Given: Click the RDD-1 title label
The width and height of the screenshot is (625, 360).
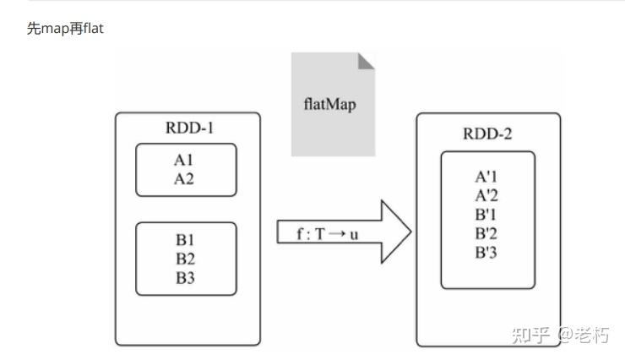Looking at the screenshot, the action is point(189,128).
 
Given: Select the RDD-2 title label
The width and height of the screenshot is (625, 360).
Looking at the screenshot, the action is point(487,134).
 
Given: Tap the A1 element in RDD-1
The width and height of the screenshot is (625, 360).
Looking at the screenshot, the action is point(183,161).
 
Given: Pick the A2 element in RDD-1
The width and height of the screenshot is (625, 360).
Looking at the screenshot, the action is point(184,179).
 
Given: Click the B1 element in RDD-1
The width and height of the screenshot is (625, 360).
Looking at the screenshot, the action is point(185,240).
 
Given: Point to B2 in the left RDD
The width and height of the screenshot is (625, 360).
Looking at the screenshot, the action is point(185,259).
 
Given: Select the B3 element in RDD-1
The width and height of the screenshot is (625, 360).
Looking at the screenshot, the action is point(185,278).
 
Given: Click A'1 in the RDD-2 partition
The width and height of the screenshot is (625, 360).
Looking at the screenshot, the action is point(486,177).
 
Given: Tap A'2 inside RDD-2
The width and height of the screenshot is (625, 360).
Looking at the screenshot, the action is point(486,196).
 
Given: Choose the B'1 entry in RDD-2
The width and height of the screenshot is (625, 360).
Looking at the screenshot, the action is point(486,215).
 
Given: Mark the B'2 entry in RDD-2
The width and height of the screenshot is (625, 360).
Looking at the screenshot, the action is point(486,233).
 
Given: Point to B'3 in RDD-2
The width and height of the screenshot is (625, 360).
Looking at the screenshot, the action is point(486,253).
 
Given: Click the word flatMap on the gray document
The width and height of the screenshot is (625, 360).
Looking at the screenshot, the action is point(329,105).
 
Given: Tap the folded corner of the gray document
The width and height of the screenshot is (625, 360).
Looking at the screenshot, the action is point(365,62).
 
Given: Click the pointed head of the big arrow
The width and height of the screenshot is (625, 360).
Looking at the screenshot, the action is point(411,232).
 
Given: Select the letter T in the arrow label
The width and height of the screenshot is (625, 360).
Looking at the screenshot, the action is point(320,234).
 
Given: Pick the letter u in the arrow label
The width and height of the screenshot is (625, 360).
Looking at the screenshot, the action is point(354,235).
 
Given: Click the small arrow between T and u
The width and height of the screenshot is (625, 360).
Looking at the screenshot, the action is point(337,233).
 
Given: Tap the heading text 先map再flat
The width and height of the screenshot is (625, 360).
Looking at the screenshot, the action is point(65,29).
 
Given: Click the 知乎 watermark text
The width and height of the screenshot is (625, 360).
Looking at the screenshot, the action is point(530,335).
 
